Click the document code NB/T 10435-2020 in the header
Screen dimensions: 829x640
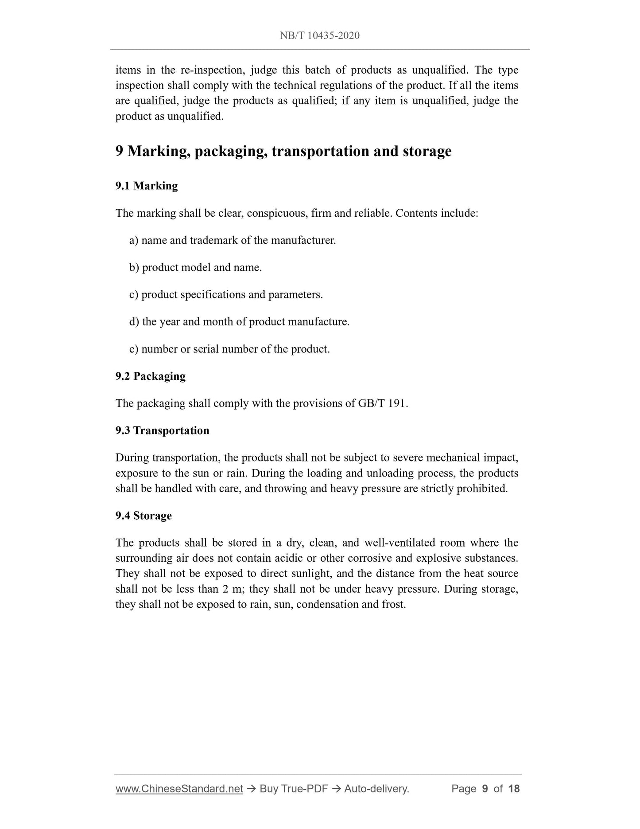pyautogui.click(x=319, y=36)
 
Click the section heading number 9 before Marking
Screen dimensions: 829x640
pyautogui.click(x=119, y=152)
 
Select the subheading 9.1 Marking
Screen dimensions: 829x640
pyautogui.click(x=147, y=186)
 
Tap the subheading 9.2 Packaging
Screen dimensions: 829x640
pyautogui.click(x=151, y=376)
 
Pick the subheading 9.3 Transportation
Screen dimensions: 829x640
pyautogui.click(x=162, y=430)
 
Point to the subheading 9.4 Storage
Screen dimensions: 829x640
pyautogui.click(x=144, y=516)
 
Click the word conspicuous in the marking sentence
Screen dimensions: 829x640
pyautogui.click(x=275, y=214)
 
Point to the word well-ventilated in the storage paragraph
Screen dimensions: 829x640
pyautogui.click(x=400, y=543)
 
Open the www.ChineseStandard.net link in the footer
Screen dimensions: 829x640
pyautogui.click(x=179, y=789)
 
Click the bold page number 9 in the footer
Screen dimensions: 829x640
pyautogui.click(x=485, y=789)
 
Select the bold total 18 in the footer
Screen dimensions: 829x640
pyautogui.click(x=514, y=789)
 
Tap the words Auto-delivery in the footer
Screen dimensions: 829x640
pyautogui.click(x=376, y=789)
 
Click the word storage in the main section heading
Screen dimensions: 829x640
pyautogui.click(x=427, y=152)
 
